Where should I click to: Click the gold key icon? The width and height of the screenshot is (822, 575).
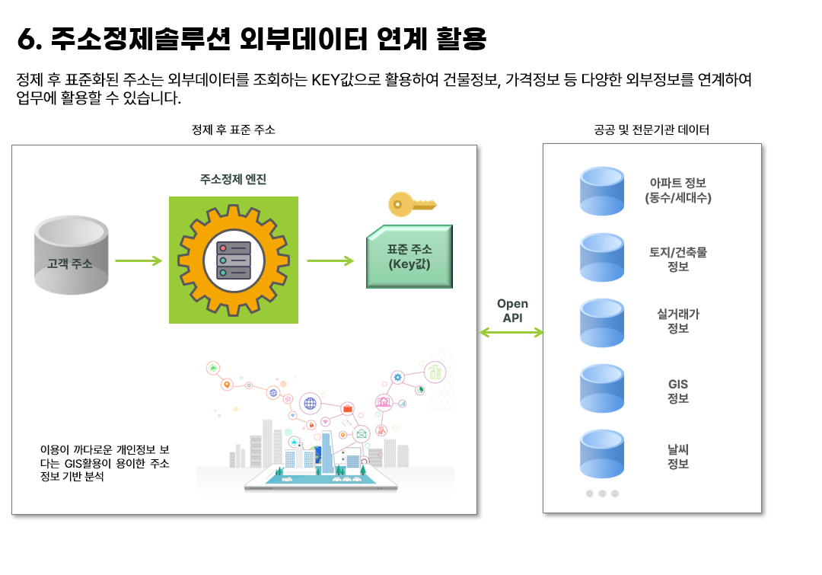pos(411,203)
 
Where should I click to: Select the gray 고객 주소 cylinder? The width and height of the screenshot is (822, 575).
pos(71,256)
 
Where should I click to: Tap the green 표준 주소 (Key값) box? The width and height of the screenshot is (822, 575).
pos(409,257)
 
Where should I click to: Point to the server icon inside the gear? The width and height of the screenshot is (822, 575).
pos(234,260)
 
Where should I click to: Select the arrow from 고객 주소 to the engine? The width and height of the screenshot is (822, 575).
pos(139,260)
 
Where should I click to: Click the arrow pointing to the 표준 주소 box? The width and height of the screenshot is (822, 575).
pos(330,260)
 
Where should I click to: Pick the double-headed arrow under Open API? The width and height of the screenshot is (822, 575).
pos(511,332)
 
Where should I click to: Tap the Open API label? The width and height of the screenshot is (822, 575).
pos(512,311)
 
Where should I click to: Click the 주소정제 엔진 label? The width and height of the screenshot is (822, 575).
pos(233,180)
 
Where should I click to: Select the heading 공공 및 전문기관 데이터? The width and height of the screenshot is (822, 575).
pos(652,130)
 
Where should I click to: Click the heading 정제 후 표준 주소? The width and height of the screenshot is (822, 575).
pos(234,130)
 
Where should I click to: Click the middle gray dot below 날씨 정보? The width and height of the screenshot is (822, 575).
pos(602,494)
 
